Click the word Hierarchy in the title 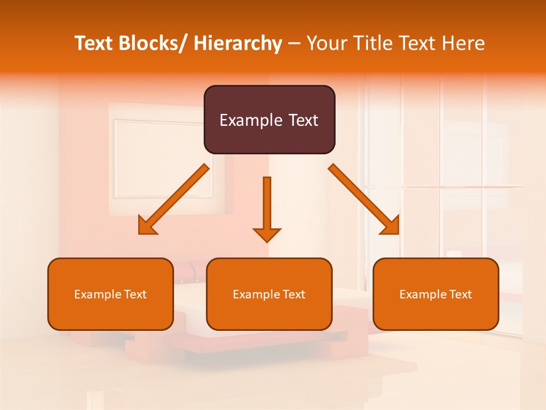pos(238,43)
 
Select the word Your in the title pos(328,43)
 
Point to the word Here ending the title pos(463,43)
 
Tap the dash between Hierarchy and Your pos(294,44)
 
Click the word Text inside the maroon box pos(303,120)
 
